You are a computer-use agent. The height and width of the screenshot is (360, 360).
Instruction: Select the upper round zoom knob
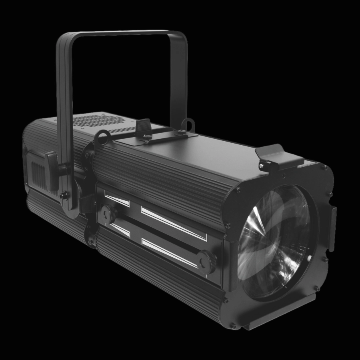pos(108,212)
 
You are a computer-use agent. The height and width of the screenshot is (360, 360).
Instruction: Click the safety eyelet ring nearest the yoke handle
pos(102,138)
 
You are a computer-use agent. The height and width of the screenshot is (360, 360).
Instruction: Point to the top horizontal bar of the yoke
pos(120,34)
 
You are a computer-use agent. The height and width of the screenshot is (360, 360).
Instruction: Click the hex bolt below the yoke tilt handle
pos(63,196)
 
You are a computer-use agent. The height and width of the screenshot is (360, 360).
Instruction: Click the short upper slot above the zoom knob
pos(117,198)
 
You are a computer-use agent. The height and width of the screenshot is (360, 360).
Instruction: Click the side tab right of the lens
pos(332,228)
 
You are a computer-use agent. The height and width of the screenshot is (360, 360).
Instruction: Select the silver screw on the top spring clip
pos(262,164)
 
